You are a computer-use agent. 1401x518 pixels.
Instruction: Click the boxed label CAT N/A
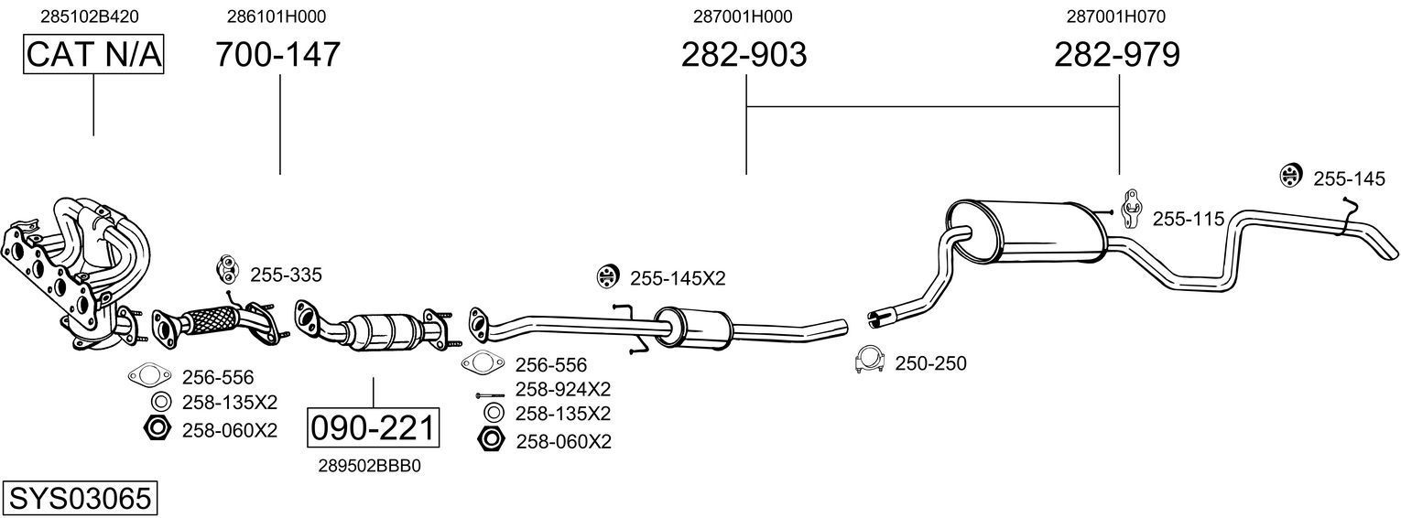tap(92, 55)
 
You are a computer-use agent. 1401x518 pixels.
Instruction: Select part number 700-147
tap(277, 55)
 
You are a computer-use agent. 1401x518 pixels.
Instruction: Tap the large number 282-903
tap(744, 55)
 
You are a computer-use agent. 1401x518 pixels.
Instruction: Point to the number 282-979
tap(1116, 55)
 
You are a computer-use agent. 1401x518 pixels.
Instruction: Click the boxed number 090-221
tap(373, 427)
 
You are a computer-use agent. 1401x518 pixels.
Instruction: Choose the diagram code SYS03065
tap(79, 499)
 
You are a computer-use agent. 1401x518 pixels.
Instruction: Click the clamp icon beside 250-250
tap(868, 362)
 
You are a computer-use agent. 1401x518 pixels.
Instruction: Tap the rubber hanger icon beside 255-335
tap(225, 270)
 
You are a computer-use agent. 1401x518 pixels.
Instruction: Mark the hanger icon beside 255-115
tap(1132, 208)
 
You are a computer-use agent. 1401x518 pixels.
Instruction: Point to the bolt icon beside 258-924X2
tap(490, 395)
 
